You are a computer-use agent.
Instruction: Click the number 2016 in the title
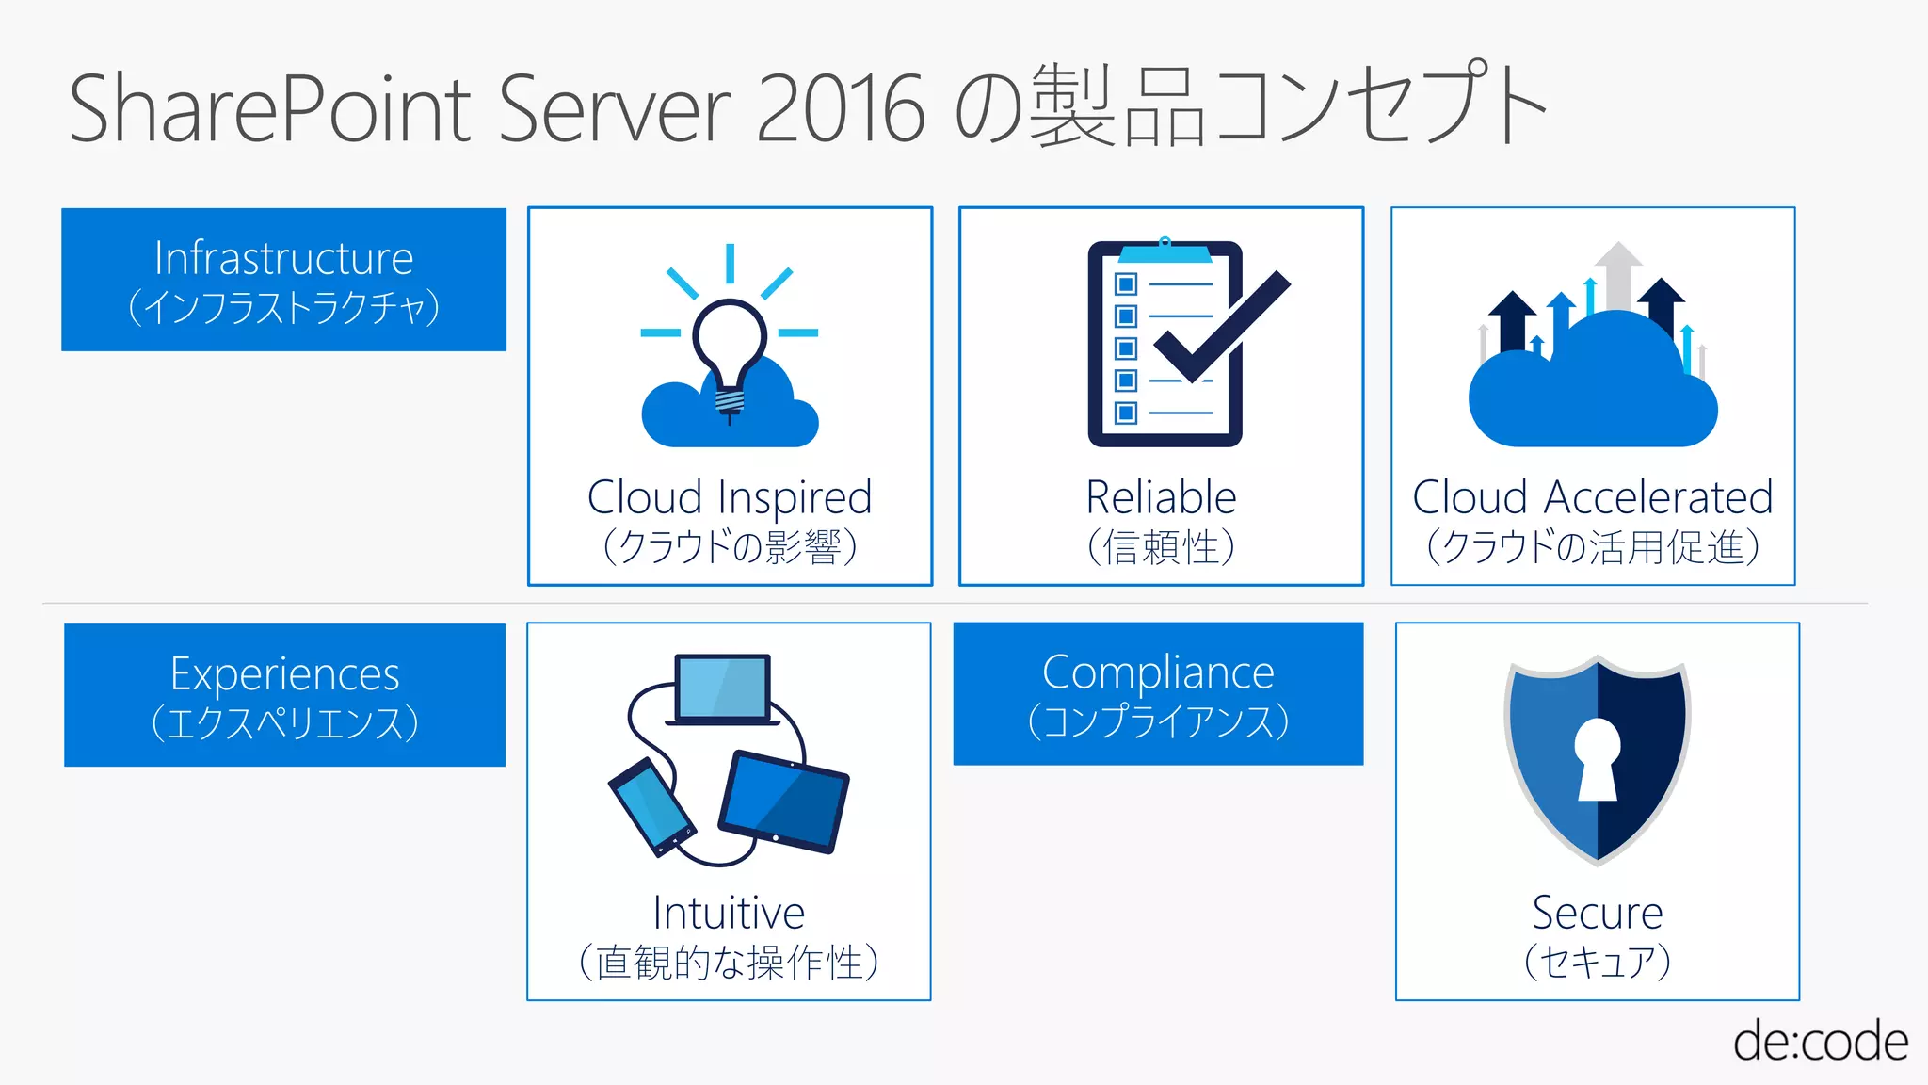click(840, 108)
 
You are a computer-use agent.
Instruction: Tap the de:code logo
click(1820, 1042)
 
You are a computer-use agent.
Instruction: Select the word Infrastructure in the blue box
click(283, 258)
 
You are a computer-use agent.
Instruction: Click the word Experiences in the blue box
click(284, 674)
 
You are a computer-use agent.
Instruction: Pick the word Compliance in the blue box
click(1158, 672)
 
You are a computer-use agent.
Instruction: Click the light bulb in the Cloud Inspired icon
click(729, 344)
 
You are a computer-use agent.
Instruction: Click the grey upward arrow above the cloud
click(1617, 273)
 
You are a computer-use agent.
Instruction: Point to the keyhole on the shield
click(1597, 758)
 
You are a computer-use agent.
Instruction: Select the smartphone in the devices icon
click(651, 806)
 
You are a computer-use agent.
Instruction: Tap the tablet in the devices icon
click(783, 802)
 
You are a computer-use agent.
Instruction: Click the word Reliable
click(1161, 497)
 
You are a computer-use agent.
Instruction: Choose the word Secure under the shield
click(1597, 913)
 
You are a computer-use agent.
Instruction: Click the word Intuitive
click(729, 913)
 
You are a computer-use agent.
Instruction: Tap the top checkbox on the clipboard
click(1125, 283)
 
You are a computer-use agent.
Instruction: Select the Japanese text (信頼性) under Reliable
click(1161, 547)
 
